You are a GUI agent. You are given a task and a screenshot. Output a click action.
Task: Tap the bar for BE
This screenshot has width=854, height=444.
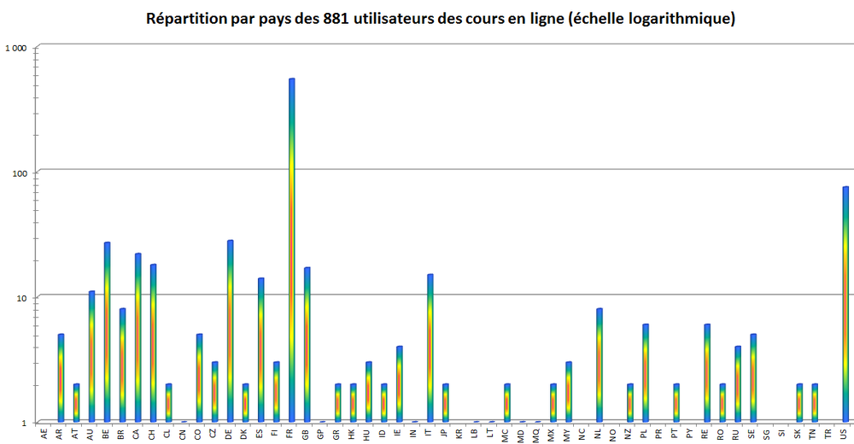point(107,332)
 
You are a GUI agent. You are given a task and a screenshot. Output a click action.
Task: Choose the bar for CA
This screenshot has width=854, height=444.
point(137,337)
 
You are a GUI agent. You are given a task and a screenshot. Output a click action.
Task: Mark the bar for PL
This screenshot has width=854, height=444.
point(645,373)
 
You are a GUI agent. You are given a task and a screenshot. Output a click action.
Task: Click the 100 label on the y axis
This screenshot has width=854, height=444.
point(22,172)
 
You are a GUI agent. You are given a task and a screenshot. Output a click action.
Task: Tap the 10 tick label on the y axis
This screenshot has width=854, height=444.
point(25,297)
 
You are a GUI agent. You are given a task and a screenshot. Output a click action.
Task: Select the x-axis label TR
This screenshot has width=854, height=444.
point(828,433)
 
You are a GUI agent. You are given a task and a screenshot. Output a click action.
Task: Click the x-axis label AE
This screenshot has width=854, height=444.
point(45,433)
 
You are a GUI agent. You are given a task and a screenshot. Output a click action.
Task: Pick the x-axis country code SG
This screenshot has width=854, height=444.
point(767,433)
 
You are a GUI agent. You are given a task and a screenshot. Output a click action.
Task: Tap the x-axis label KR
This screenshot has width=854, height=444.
point(459,433)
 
